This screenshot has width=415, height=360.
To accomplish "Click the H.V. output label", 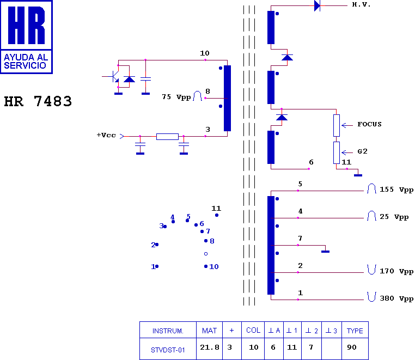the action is [x=361, y=4].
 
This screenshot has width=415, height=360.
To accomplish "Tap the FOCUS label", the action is [x=369, y=124].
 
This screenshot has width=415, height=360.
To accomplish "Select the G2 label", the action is [x=362, y=151].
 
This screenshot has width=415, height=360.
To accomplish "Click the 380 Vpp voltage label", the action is [x=396, y=298].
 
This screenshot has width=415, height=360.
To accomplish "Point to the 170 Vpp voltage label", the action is [x=396, y=271].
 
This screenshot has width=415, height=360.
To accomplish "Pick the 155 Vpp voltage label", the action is [x=396, y=190].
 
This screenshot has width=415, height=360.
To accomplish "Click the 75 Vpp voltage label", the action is [x=176, y=97].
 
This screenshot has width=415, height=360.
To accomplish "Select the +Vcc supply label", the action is [x=106, y=135].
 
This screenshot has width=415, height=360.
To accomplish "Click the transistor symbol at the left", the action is [x=113, y=76].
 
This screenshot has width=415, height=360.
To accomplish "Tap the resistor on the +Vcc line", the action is [x=167, y=137].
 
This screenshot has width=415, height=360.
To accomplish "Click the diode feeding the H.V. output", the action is [x=317, y=5].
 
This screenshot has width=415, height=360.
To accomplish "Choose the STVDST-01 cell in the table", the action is [x=168, y=350].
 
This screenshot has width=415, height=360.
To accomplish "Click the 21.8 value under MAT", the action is [x=209, y=347].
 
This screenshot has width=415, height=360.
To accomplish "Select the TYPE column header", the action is [x=355, y=331].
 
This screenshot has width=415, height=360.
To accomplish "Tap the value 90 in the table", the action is [x=351, y=347].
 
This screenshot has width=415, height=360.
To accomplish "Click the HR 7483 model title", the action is [x=38, y=101].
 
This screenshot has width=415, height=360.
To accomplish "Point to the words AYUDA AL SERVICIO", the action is [x=26, y=61].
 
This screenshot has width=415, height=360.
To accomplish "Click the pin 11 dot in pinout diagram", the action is [x=217, y=215].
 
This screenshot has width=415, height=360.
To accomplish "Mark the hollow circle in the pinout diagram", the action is [x=206, y=254].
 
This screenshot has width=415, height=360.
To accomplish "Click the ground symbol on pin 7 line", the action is [x=325, y=251].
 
